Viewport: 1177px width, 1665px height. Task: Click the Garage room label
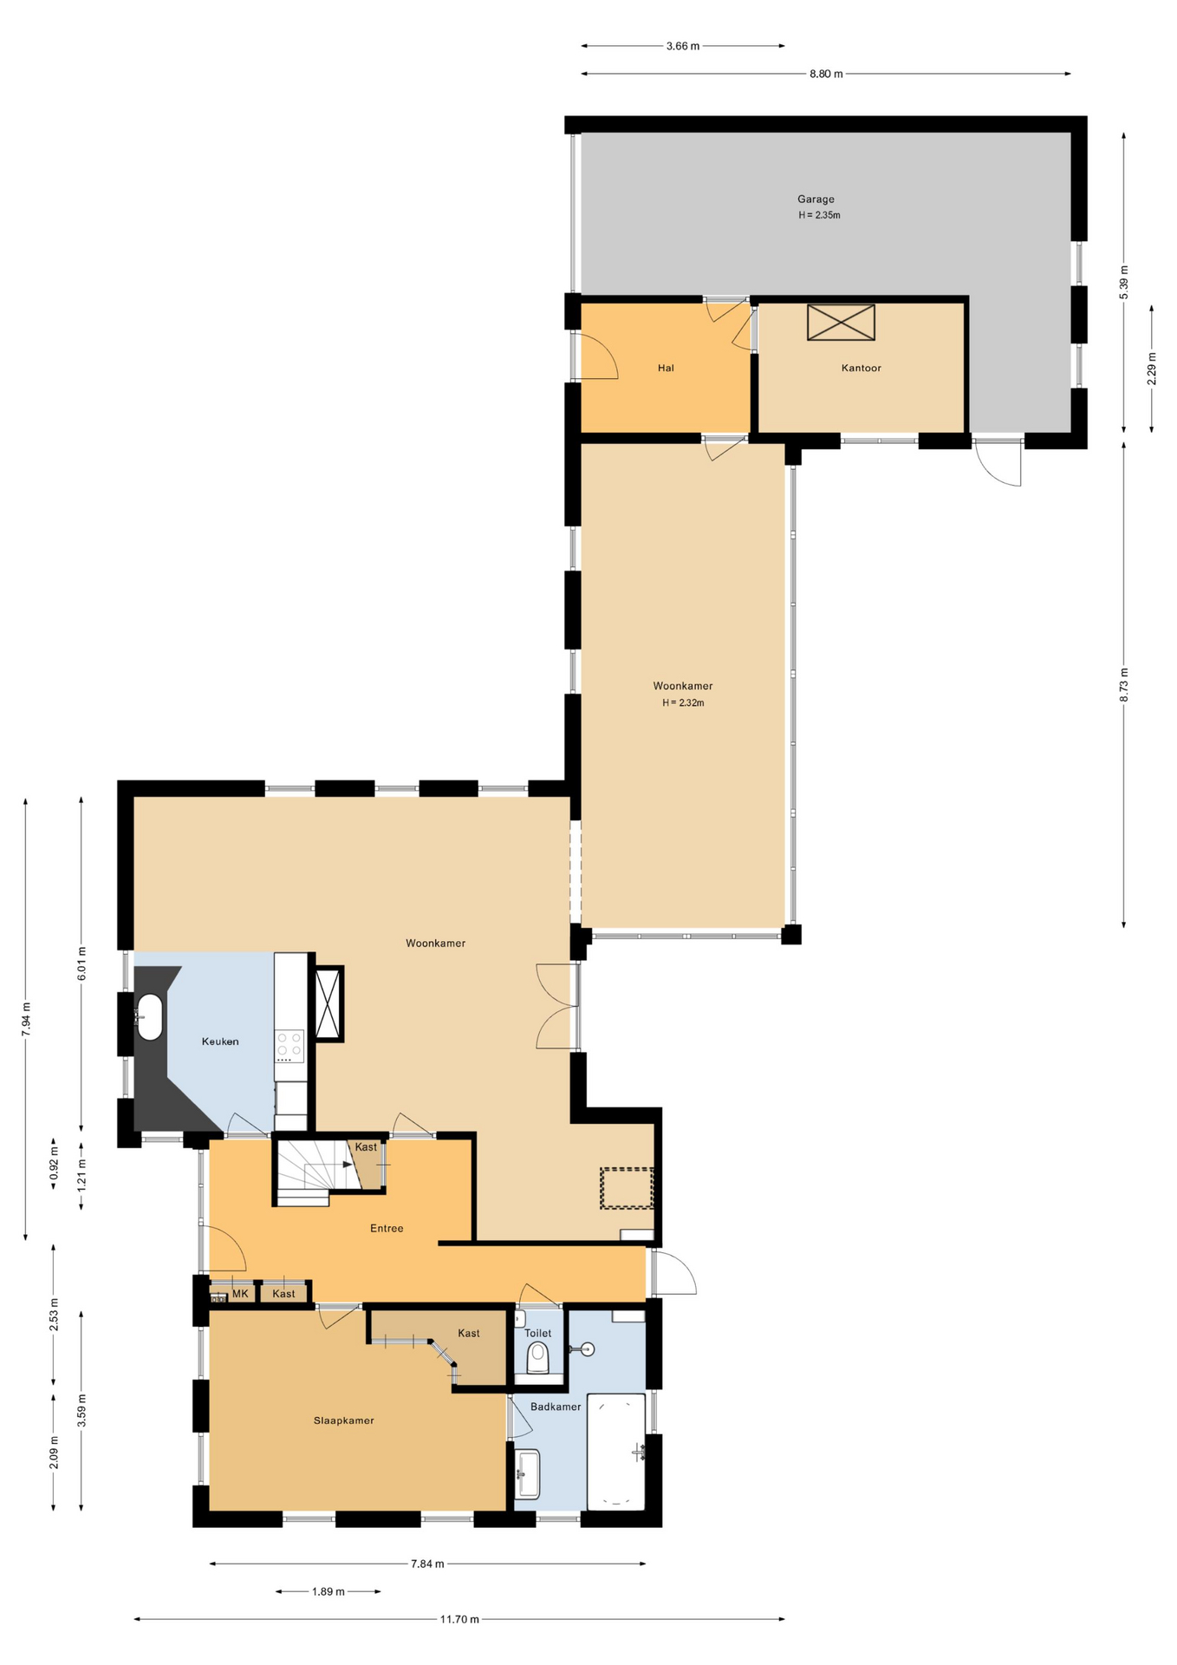(816, 199)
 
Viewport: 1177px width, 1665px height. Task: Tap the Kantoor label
(861, 369)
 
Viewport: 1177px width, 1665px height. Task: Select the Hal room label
(666, 369)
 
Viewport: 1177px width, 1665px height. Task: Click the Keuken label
(220, 1041)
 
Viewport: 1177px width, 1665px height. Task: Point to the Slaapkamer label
(344, 1420)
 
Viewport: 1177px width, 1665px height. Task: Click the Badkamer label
(556, 1407)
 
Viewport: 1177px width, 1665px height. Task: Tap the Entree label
(387, 1228)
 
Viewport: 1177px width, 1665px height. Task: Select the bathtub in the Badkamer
(616, 1452)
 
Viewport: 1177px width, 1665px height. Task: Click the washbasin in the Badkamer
(527, 1474)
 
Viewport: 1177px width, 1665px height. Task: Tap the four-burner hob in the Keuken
(289, 1046)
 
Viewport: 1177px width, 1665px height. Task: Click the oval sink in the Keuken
(150, 1017)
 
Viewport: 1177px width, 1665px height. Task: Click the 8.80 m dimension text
(826, 75)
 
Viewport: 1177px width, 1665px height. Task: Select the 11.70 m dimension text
(459, 1619)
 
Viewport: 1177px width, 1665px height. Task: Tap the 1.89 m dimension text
(328, 1591)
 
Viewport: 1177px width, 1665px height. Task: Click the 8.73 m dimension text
(1124, 684)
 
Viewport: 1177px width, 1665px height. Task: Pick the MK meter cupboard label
(240, 1294)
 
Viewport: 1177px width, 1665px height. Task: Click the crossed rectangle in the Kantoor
(841, 323)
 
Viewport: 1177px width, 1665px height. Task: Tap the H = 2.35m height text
(819, 215)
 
